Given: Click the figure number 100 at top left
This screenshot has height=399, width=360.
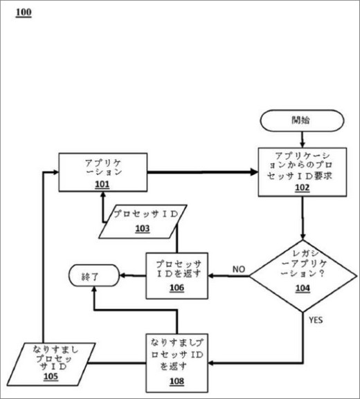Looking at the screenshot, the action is (24, 12).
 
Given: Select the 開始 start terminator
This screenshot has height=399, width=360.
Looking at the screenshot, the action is (302, 120).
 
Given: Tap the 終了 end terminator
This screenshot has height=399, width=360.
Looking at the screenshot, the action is (94, 275).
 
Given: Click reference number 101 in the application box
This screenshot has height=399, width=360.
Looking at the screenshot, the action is (102, 184).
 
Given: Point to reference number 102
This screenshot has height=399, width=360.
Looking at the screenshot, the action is (302, 187).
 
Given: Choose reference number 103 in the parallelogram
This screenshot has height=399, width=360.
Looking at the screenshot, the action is (143, 228).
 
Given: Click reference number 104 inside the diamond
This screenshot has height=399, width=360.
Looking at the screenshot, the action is (303, 288).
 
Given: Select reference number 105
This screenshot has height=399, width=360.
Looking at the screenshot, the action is (51, 376).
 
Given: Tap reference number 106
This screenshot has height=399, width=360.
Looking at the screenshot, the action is (177, 288).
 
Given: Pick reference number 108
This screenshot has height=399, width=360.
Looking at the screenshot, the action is (177, 381).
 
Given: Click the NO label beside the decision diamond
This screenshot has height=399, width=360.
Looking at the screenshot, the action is (239, 269).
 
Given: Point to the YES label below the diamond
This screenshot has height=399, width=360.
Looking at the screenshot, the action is (316, 320).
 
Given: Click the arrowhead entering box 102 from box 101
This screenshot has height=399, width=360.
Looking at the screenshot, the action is (254, 172).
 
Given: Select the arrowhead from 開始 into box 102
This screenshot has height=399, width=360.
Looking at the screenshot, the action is (303, 145).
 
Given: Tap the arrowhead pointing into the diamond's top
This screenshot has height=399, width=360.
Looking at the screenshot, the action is (303, 236).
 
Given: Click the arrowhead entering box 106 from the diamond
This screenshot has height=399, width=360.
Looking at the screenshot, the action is (211, 276).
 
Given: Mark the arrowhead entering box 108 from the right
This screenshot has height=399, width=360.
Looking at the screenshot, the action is (211, 363).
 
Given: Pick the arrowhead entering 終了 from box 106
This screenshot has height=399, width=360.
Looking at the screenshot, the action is (123, 275).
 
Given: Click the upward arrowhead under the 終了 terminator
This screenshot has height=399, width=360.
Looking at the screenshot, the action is (95, 290).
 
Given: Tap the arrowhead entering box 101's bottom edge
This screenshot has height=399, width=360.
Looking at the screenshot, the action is (103, 195).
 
